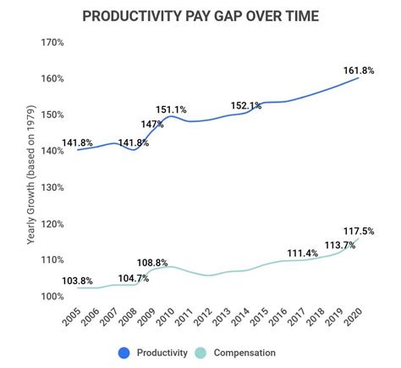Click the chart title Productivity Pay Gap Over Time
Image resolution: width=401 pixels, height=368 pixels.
click(200, 16)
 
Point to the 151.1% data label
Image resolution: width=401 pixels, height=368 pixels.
click(171, 109)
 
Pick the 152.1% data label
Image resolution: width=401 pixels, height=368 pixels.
click(246, 106)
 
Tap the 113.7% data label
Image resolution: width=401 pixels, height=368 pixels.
click(338, 247)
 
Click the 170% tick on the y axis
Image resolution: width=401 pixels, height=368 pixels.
click(52, 42)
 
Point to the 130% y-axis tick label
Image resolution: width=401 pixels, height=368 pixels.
click(52, 188)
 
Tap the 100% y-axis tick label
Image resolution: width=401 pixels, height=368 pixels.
click(52, 298)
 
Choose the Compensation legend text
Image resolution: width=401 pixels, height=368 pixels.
click(246, 352)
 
